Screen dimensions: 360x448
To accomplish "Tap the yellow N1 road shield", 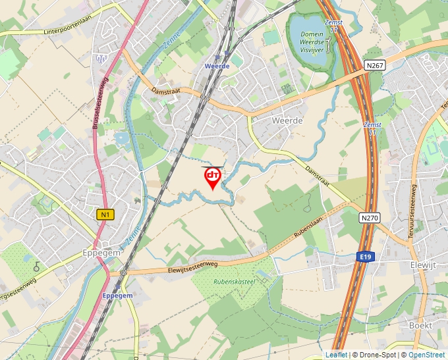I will coord(105,214).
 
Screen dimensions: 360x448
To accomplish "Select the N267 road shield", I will coord(374,66).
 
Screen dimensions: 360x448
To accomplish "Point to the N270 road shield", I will coord(370,217).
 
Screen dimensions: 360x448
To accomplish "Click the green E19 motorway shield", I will coord(365,256).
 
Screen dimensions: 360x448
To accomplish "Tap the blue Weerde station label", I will coord(217,66).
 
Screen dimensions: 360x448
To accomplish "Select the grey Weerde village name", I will coord(287,120).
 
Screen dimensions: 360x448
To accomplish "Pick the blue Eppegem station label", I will coord(117,296).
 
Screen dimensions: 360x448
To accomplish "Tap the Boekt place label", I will coord(420,325).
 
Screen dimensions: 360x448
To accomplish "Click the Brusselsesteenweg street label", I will coord(103,105).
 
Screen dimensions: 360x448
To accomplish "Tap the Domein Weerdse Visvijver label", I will coord(312,41).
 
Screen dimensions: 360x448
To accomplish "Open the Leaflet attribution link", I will coord(335,355).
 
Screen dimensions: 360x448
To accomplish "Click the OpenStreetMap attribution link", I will coord(426,355).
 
